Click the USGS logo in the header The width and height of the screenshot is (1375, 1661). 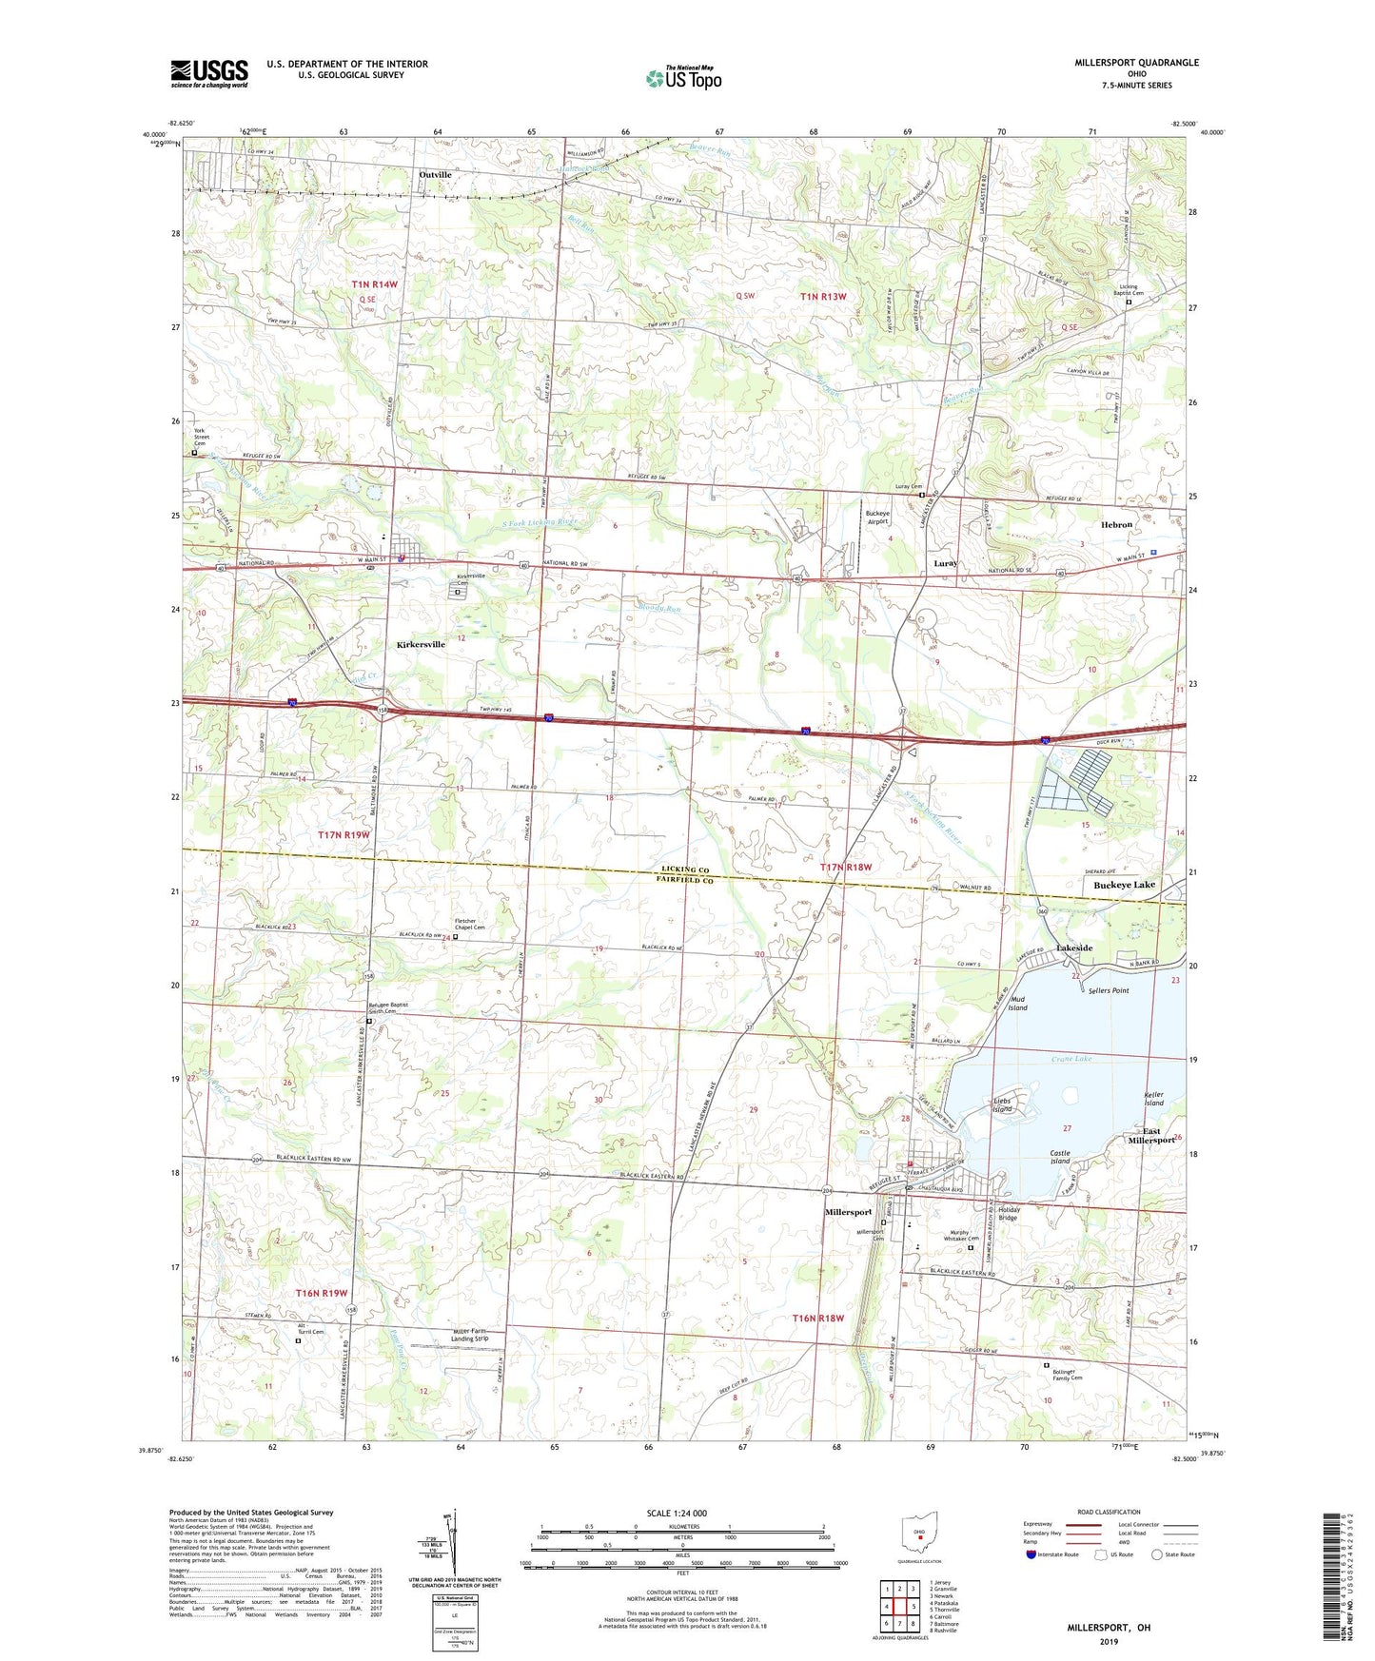[209, 72]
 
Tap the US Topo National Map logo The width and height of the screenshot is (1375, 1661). [683, 77]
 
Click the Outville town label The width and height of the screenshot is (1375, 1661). [436, 175]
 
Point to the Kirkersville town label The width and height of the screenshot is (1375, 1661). [421, 644]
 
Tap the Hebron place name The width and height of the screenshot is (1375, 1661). [1116, 524]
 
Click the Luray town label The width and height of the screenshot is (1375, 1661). [945, 563]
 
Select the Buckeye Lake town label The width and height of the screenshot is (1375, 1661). [1124, 885]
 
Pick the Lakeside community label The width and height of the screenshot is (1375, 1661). [1074, 948]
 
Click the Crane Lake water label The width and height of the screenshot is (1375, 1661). [1071, 1059]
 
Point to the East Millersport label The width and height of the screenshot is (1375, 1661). [1151, 1133]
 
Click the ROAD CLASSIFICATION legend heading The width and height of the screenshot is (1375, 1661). [1110, 1512]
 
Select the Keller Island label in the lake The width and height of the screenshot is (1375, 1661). [1153, 1099]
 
